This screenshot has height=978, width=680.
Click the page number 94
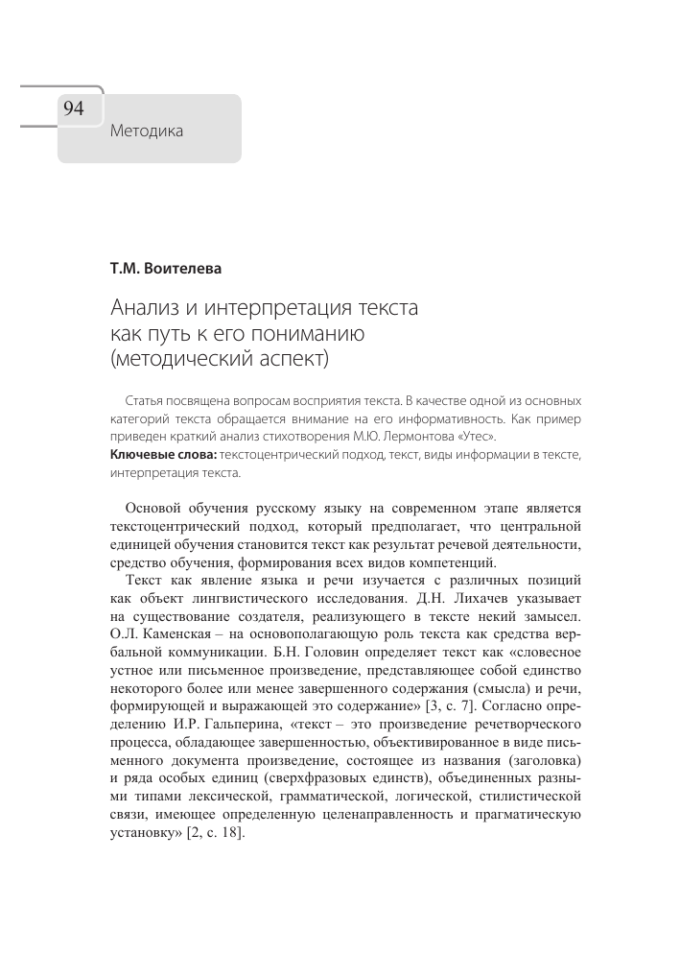(x=75, y=108)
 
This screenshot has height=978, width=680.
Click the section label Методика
(x=147, y=131)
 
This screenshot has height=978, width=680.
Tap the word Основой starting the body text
(x=156, y=508)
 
